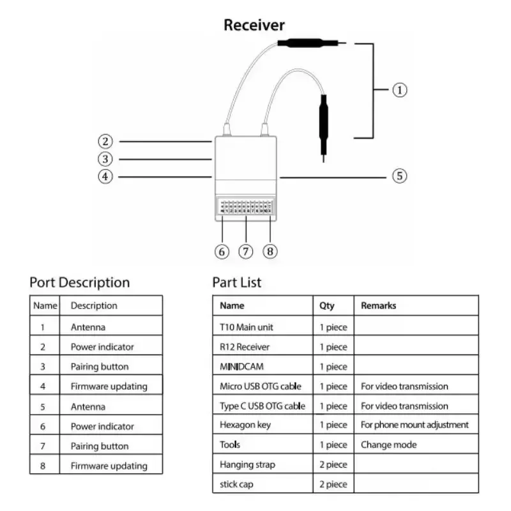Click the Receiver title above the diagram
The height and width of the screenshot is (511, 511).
[254, 26]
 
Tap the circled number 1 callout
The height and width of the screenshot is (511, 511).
[399, 90]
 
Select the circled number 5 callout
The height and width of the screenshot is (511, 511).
[399, 176]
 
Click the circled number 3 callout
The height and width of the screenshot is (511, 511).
[105, 159]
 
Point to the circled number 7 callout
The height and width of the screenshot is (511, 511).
[246, 251]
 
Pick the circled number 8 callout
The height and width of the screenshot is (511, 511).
[270, 251]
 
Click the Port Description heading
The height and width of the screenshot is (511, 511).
[79, 282]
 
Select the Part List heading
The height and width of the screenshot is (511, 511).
[236, 282]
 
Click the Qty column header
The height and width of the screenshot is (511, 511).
[326, 305]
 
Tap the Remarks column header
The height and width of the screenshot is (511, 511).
[378, 305]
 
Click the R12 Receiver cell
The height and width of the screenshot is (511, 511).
[245, 347]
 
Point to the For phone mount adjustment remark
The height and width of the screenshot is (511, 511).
[415, 425]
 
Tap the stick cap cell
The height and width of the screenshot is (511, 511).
[236, 484]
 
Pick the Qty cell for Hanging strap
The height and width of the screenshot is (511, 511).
[333, 464]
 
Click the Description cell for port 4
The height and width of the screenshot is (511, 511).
[109, 386]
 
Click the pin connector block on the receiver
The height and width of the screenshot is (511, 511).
[246, 207]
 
